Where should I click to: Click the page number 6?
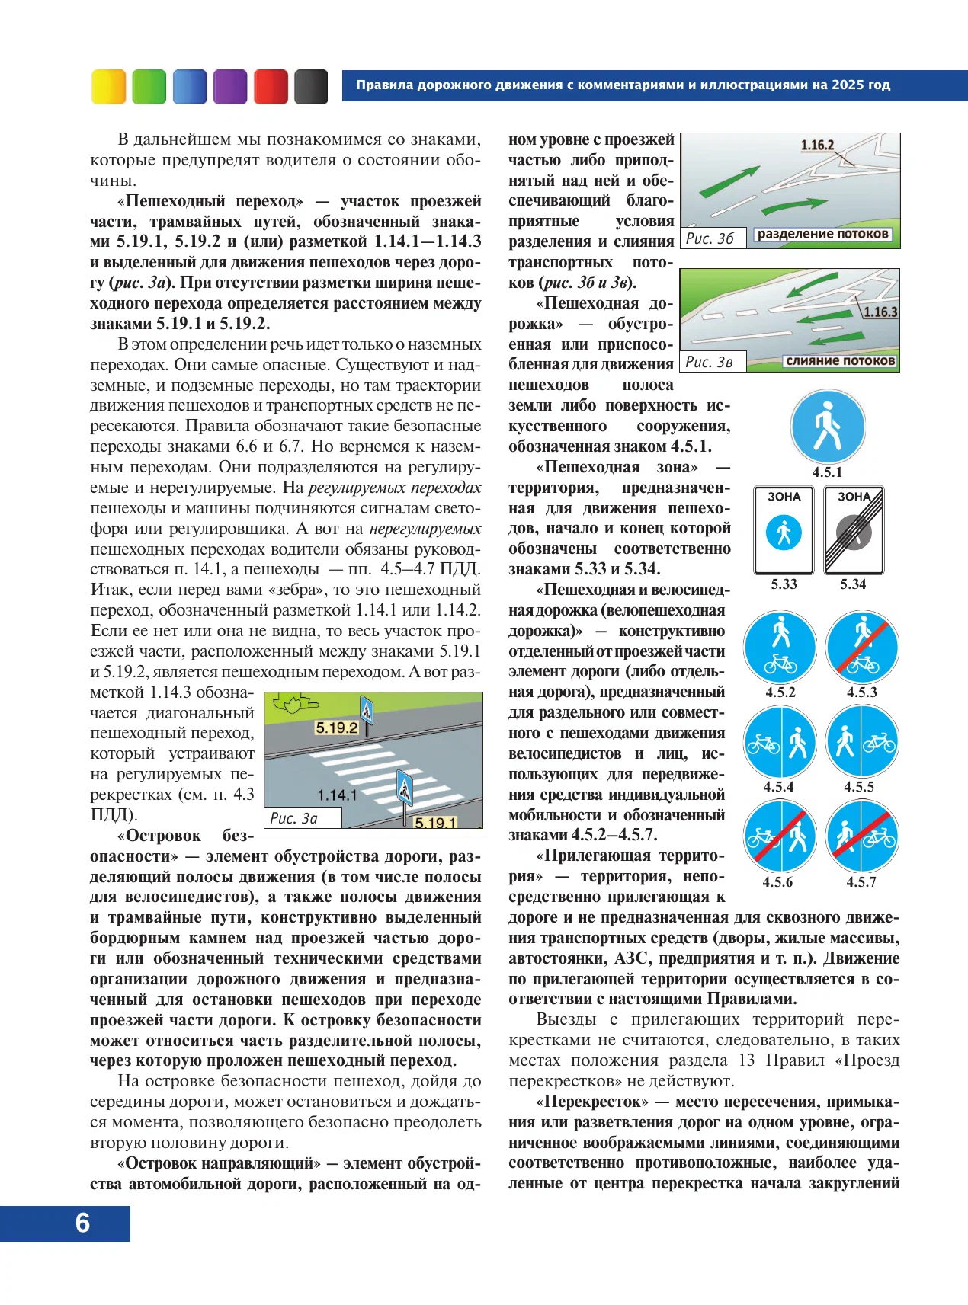(x=82, y=1223)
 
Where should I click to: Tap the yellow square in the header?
(x=108, y=86)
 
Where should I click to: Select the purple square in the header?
(x=230, y=86)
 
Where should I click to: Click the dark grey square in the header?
(x=310, y=86)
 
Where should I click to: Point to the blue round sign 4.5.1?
(x=827, y=427)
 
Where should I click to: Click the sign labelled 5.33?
(x=784, y=530)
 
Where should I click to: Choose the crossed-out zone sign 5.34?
(x=854, y=530)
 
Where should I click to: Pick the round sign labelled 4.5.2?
(x=780, y=647)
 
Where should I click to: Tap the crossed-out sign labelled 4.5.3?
(x=862, y=647)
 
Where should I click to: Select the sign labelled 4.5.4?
(x=780, y=742)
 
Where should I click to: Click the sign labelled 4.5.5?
(x=862, y=742)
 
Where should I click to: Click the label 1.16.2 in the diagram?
(x=817, y=145)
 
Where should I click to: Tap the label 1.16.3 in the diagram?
(x=880, y=312)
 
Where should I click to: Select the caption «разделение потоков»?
(x=822, y=235)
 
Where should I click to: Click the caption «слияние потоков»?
(x=840, y=361)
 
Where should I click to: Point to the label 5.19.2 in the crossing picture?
(x=336, y=728)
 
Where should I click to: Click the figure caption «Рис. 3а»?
(x=294, y=818)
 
